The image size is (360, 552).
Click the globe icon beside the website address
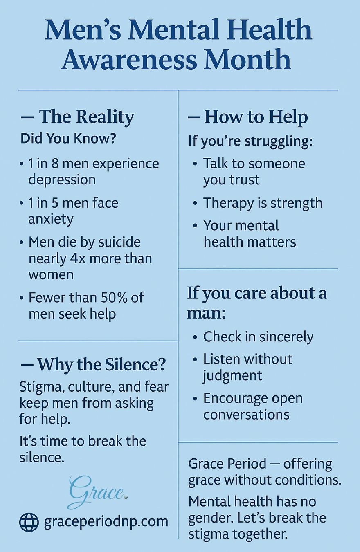point(29,522)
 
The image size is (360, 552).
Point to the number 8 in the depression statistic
point(55,164)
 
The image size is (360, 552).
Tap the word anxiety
point(51,219)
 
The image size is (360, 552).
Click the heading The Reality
point(87,117)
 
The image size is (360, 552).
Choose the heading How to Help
point(256,117)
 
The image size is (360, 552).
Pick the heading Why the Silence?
point(101,364)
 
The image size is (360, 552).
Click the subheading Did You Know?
point(68,139)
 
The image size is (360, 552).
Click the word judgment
point(232,376)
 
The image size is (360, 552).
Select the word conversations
point(246,415)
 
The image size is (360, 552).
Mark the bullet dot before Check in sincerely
point(195,337)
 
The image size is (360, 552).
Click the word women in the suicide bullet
point(51,275)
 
